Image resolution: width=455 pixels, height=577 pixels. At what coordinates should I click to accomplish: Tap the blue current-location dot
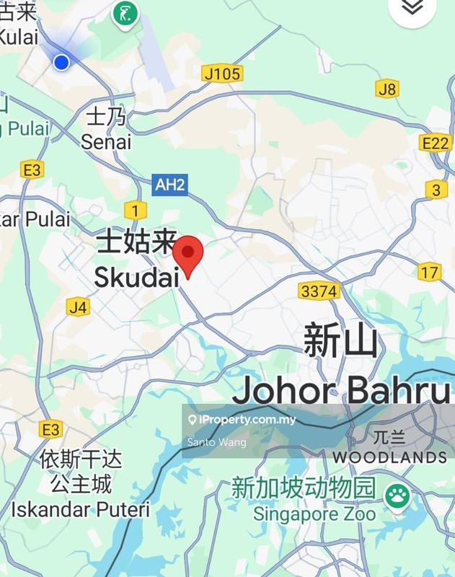(x=61, y=62)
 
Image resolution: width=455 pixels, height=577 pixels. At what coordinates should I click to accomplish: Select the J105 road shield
(x=223, y=74)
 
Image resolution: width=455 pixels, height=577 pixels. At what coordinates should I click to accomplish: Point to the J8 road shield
(x=387, y=89)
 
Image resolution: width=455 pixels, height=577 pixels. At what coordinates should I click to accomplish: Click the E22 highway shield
(x=435, y=144)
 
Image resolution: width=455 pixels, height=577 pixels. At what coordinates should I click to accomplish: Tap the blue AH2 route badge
(x=170, y=185)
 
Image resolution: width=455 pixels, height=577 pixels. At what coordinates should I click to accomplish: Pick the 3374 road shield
(x=318, y=291)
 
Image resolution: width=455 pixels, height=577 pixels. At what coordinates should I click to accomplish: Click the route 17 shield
(x=430, y=272)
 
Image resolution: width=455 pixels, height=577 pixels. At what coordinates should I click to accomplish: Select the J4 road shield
(x=79, y=307)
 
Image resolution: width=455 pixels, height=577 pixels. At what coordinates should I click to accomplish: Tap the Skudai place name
(x=136, y=276)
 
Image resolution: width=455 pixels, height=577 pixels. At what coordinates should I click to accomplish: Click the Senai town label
(x=106, y=141)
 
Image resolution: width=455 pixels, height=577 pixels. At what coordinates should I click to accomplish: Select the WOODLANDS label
(x=389, y=457)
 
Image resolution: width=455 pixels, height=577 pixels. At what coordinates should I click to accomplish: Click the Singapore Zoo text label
(x=314, y=514)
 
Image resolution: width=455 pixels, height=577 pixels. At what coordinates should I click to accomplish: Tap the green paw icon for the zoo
(x=397, y=495)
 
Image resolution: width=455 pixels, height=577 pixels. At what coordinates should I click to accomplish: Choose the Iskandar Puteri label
(x=79, y=509)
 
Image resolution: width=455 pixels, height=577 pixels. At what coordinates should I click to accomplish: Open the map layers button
(x=412, y=6)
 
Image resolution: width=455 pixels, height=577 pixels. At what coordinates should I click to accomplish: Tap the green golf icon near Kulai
(x=125, y=13)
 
